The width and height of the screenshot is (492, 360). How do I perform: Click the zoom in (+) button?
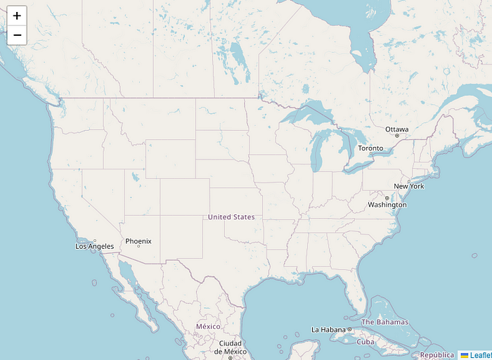[17, 15]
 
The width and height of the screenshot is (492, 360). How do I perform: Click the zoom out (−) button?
[17, 34]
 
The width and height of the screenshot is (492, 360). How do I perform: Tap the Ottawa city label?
[396, 129]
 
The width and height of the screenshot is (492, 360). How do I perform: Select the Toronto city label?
[370, 148]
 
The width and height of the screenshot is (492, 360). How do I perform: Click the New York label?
[408, 186]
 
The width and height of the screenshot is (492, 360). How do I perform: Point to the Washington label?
[387, 205]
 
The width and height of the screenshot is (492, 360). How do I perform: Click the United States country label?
[231, 217]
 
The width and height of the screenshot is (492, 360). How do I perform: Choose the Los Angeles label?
[94, 246]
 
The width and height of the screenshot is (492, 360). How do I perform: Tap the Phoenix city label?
[138, 241]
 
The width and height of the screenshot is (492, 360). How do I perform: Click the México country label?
[208, 326]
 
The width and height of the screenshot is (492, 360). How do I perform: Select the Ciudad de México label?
[230, 347]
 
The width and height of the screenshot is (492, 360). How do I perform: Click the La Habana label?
[328, 330]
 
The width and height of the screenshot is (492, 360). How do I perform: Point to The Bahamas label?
[384, 322]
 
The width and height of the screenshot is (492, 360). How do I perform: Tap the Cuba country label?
[365, 342]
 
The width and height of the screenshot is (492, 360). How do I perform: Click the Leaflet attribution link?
[479, 355]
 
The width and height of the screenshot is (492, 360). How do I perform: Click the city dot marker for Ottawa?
[396, 136]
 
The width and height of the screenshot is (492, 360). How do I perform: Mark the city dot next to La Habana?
[349, 330]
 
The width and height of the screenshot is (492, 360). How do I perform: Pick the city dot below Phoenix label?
[138, 247]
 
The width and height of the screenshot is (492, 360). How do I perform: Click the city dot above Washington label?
[387, 198]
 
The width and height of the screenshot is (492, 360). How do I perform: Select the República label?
[437, 355]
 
